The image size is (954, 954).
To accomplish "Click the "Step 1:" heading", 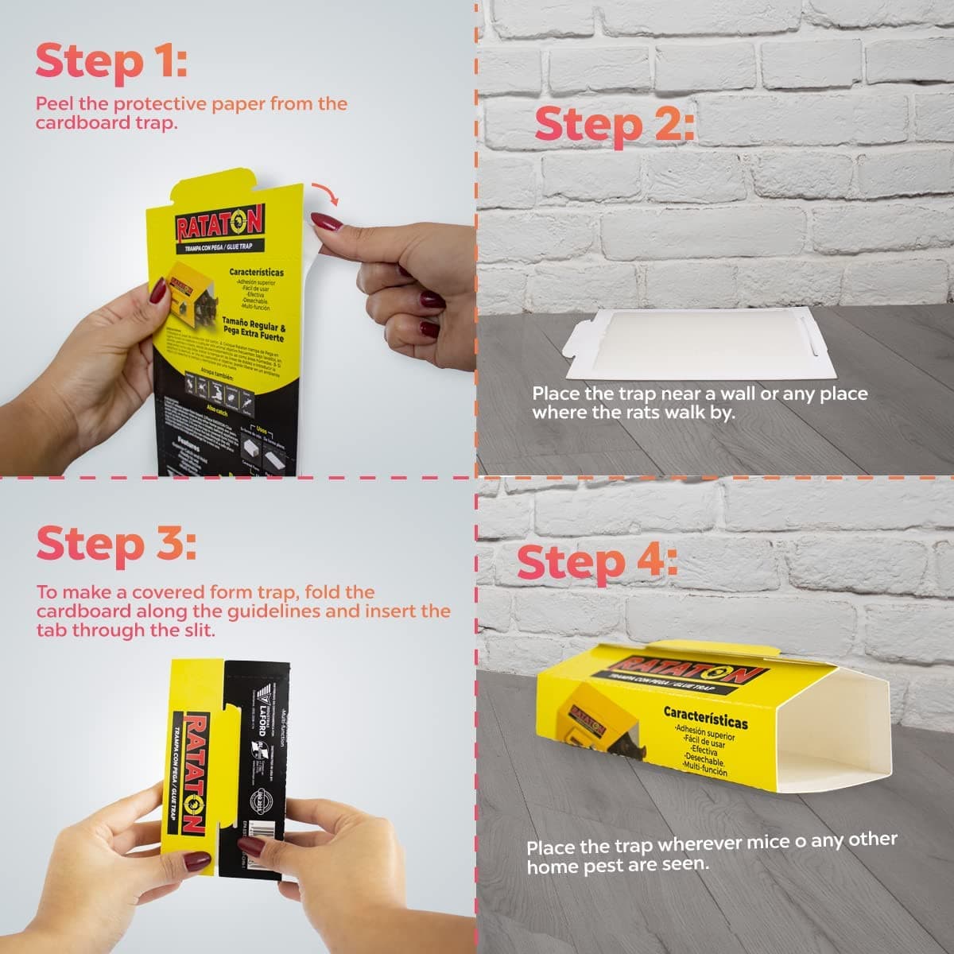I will (111, 62).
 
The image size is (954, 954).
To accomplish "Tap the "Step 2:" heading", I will (614, 125).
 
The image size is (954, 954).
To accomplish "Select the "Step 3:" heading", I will (115, 545).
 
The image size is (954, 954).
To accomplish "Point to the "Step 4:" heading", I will (597, 562).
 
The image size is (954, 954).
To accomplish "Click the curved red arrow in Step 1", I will (323, 192).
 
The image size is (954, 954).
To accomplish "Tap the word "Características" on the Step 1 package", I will (256, 273).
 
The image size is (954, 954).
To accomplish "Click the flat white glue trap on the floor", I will (692, 343).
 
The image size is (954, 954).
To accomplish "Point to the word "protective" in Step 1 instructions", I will (165, 104).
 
